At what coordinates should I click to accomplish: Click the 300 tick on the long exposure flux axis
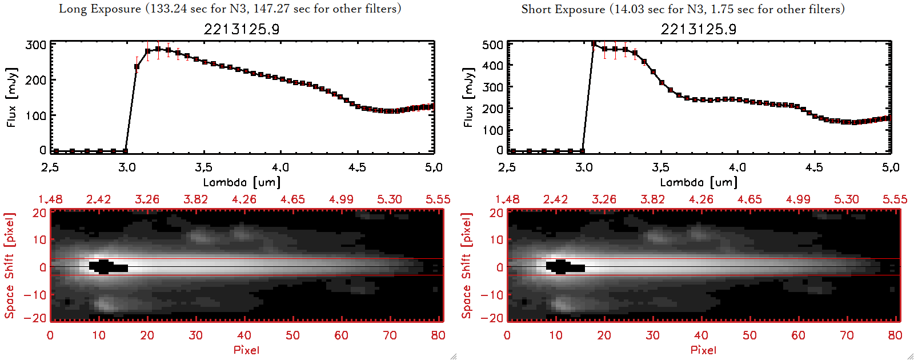click(36, 45)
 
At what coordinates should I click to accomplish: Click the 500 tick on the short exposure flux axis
click(493, 45)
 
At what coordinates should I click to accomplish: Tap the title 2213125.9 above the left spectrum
click(242, 29)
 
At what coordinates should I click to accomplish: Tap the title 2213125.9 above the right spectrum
click(699, 29)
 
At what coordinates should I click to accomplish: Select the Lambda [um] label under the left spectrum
click(242, 182)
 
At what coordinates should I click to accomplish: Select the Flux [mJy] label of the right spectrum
click(468, 97)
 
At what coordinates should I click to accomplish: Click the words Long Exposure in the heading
click(100, 9)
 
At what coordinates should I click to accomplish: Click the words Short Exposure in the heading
click(563, 9)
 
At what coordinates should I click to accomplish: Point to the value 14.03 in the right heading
click(628, 9)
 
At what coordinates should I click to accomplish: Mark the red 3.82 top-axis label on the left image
click(195, 199)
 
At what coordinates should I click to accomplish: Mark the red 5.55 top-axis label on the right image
click(895, 199)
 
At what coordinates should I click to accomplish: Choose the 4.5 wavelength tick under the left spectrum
click(357, 167)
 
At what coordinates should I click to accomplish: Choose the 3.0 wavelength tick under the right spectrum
click(584, 167)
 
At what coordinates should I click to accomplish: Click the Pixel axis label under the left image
click(246, 350)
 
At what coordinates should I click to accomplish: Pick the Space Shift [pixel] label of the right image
click(467, 266)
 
